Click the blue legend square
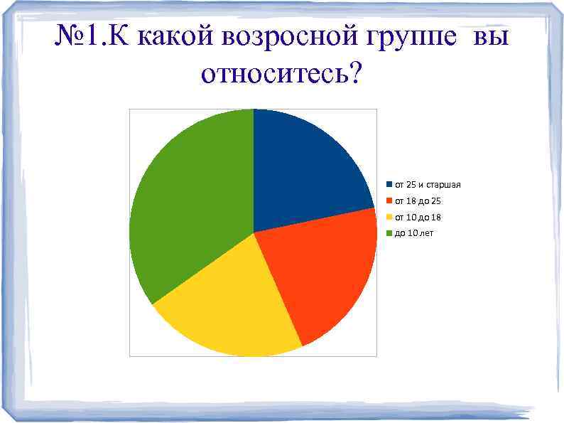389,185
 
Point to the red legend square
389,201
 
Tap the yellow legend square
389,217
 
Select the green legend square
389,233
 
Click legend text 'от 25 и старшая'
428,185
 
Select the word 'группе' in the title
412,39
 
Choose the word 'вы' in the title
490,39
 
